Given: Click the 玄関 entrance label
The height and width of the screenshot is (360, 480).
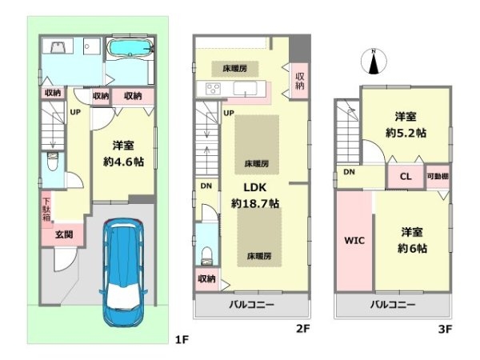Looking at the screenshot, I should pyautogui.click(x=64, y=235).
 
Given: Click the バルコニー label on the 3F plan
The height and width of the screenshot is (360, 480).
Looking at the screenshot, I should pyautogui.click(x=393, y=306).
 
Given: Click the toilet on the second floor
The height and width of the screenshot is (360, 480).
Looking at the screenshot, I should pyautogui.click(x=206, y=255).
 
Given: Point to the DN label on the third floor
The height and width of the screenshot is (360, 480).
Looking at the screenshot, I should pyautogui.click(x=349, y=172).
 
